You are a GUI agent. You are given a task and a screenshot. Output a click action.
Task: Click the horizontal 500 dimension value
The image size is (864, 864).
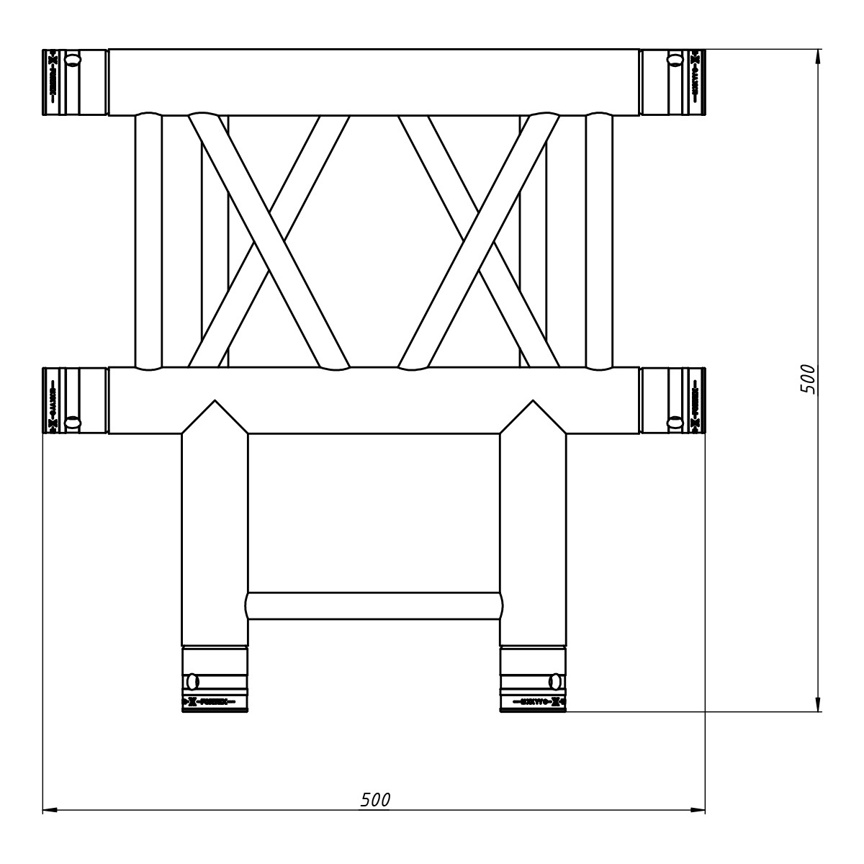(x=375, y=799)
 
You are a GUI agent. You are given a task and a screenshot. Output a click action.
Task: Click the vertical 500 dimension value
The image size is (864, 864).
(x=809, y=379)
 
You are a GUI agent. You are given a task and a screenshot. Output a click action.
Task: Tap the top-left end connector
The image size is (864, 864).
(x=76, y=82)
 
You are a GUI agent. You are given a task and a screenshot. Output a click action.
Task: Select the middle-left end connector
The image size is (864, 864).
(x=76, y=400)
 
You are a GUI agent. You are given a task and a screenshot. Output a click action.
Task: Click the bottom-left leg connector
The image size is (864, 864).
(x=215, y=680)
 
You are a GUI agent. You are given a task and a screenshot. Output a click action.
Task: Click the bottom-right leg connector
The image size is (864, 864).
(x=533, y=680)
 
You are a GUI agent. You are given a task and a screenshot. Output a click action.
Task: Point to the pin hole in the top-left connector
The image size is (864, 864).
(x=72, y=59)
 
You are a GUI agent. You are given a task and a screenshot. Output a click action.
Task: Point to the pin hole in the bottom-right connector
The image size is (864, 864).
(x=555, y=680)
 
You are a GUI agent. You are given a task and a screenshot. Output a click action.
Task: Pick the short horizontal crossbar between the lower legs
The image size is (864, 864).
(x=374, y=606)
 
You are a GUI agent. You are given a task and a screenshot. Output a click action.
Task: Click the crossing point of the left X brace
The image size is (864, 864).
(x=269, y=241)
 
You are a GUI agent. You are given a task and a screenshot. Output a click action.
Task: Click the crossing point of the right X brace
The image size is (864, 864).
(x=480, y=241)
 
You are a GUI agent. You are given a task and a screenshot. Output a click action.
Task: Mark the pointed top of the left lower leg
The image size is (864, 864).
(x=215, y=400)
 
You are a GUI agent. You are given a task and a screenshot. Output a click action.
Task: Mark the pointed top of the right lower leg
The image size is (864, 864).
(x=533, y=400)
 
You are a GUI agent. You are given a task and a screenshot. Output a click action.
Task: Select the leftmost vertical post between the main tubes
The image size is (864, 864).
(x=148, y=241)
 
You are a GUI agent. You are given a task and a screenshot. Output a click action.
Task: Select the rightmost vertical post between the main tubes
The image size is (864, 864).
(x=599, y=241)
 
